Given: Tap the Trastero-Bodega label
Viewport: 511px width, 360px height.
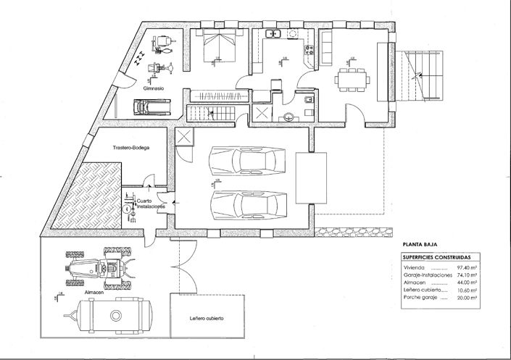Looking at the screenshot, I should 131,148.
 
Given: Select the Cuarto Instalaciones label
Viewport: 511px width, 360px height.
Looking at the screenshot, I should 151,204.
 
